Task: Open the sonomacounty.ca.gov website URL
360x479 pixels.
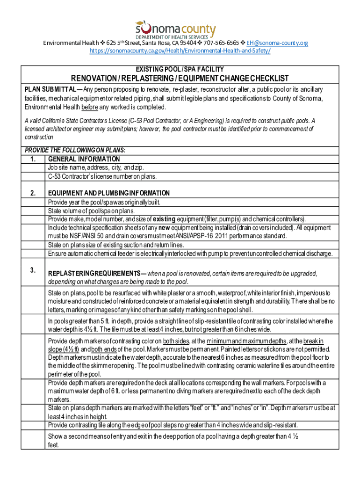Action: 180,51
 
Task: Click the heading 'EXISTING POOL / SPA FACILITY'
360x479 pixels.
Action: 180,69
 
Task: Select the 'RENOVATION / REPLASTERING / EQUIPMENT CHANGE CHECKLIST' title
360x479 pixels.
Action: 180,78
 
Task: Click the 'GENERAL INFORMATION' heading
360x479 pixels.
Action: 84,160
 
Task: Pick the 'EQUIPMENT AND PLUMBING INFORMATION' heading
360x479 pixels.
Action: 108,193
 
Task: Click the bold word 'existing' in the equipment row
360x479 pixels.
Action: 165,219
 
